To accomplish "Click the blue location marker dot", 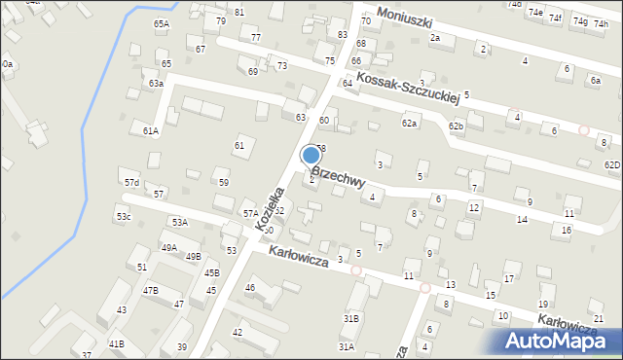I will click(x=311, y=155).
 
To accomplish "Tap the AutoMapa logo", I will click(x=562, y=340).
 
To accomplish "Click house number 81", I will click(x=239, y=12).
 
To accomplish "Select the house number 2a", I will click(x=435, y=38).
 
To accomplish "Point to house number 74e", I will click(x=535, y=13).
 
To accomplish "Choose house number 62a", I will click(x=409, y=124).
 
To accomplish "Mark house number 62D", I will click(x=611, y=164).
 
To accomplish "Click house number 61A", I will click(x=150, y=130).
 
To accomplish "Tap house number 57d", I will click(x=131, y=183).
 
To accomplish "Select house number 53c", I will click(x=124, y=216).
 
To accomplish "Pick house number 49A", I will click(x=169, y=248).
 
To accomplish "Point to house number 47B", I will click(x=151, y=290).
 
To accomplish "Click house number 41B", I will click(x=116, y=344).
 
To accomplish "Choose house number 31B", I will click(x=351, y=318).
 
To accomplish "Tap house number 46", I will click(x=250, y=287).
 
